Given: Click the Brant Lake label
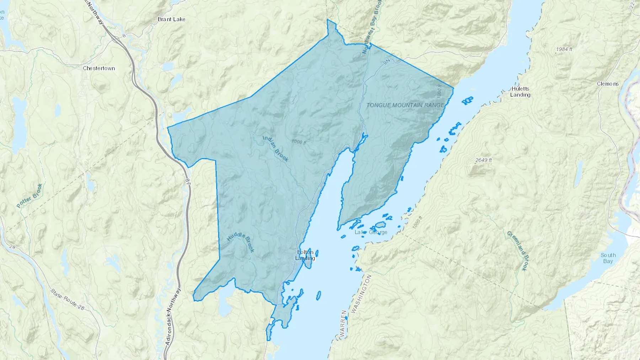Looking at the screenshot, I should [x=171, y=19].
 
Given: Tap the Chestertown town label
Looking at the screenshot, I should [x=99, y=68].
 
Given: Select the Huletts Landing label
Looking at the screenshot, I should [x=520, y=92].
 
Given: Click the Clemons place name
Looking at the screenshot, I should [x=608, y=84].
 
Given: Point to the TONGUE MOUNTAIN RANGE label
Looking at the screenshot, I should [x=405, y=105].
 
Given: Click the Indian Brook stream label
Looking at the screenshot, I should [x=276, y=149].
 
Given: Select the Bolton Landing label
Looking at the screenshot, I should [x=305, y=255].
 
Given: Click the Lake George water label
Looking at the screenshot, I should [x=371, y=232].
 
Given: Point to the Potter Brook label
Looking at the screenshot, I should [x=30, y=196].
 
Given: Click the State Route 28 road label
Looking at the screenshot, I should [x=67, y=300].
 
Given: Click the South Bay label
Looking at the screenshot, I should [x=608, y=258].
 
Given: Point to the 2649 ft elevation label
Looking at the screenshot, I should [x=483, y=160].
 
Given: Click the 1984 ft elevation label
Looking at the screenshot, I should [x=564, y=49].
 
